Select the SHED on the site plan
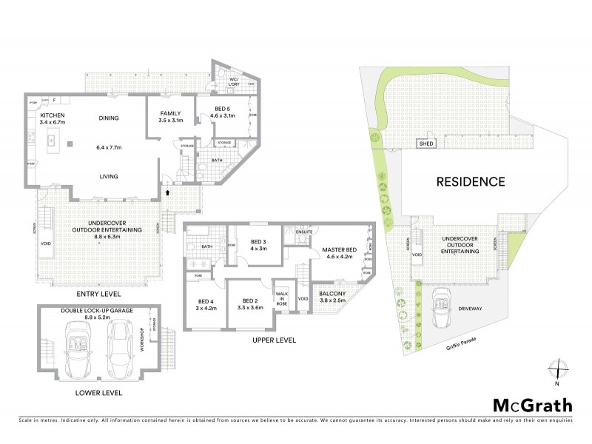click(425, 144)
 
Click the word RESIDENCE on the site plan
click(470, 181)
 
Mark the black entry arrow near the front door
click(168, 192)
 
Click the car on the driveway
click(443, 299)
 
